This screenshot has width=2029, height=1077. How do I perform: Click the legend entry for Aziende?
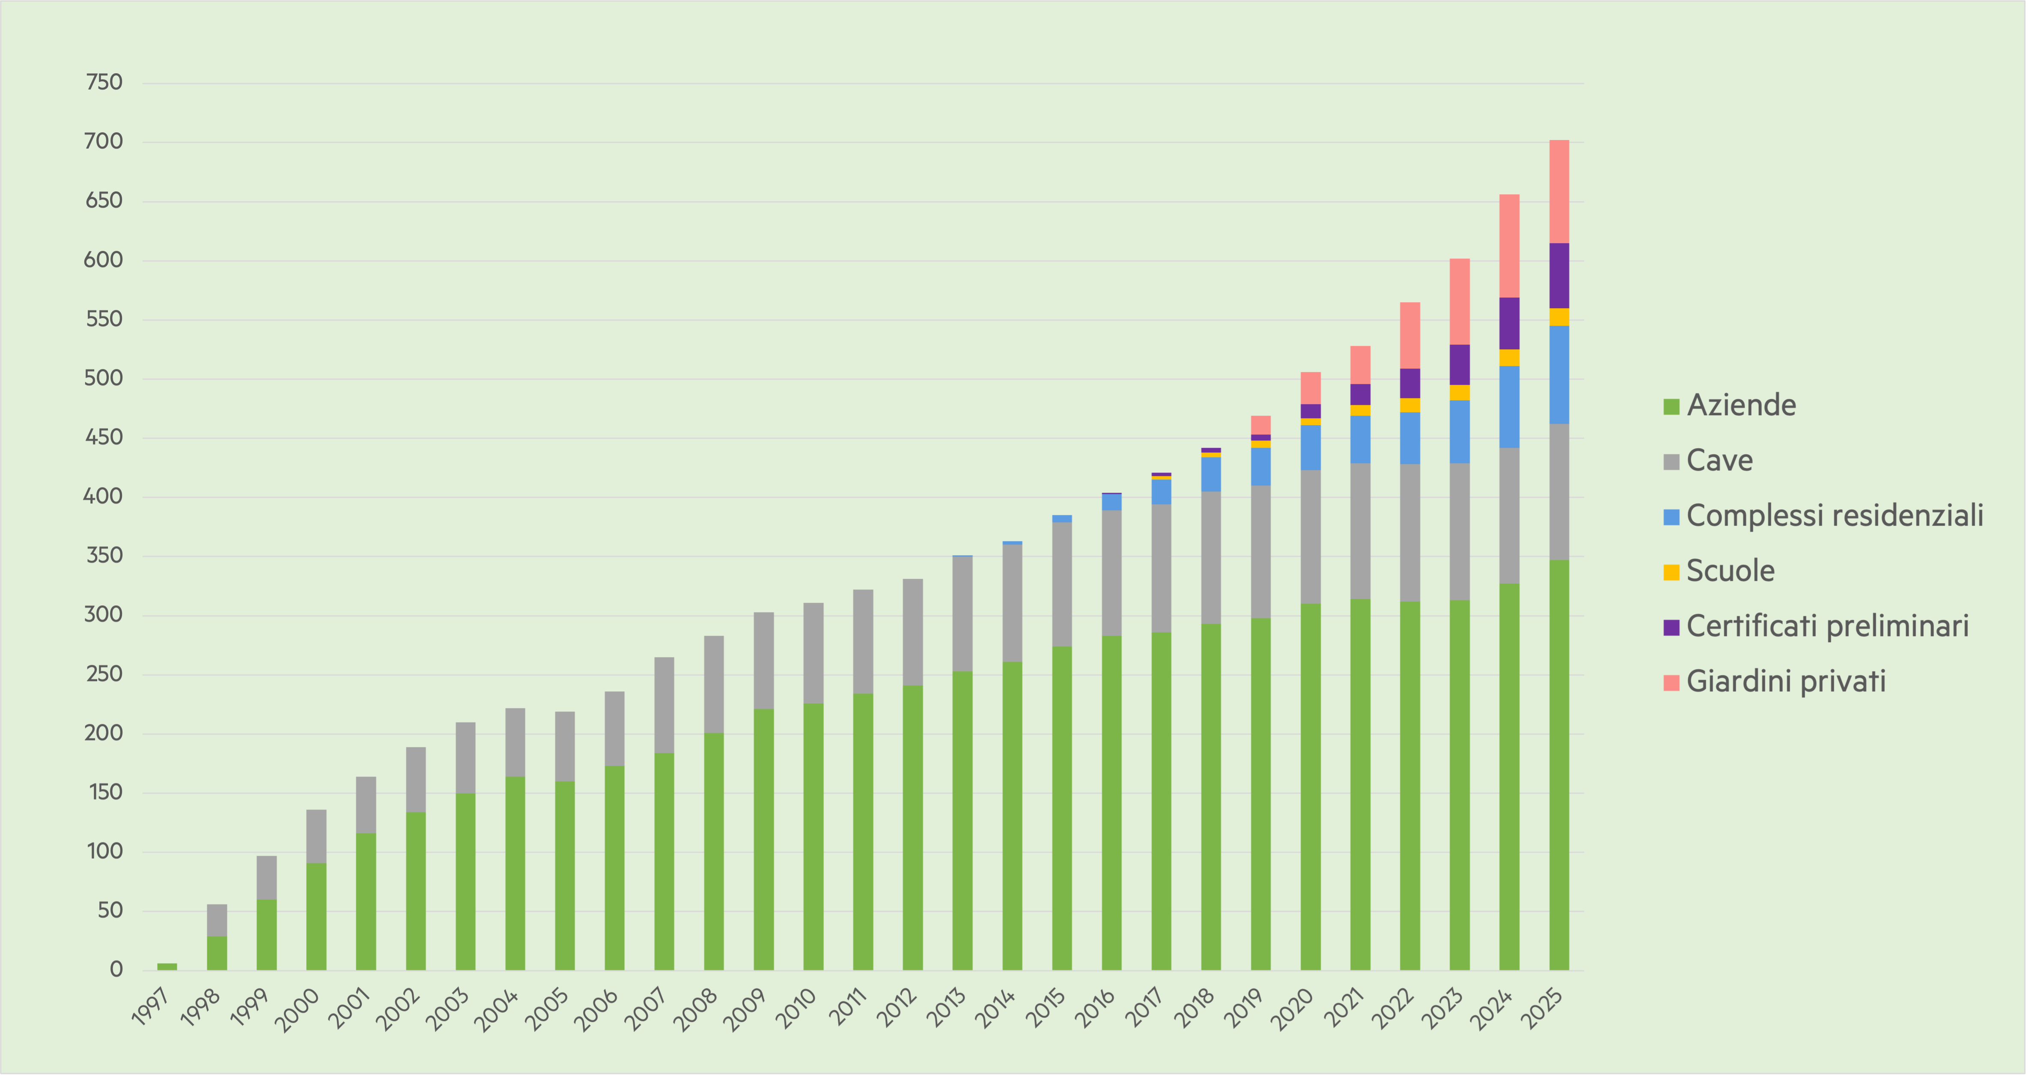coord(1729,405)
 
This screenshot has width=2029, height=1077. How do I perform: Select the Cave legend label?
coord(1707,461)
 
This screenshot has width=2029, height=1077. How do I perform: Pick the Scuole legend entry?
coord(1719,571)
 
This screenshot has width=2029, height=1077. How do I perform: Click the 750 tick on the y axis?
coord(104,82)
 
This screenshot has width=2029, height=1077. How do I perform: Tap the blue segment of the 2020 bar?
coord(1311,448)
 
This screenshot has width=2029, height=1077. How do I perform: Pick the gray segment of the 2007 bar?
coord(664,705)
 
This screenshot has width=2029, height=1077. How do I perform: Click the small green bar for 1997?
coord(167,967)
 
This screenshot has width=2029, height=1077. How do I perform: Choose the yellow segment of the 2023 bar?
coord(1460,393)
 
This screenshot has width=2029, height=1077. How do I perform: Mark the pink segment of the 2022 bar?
coord(1410,335)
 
